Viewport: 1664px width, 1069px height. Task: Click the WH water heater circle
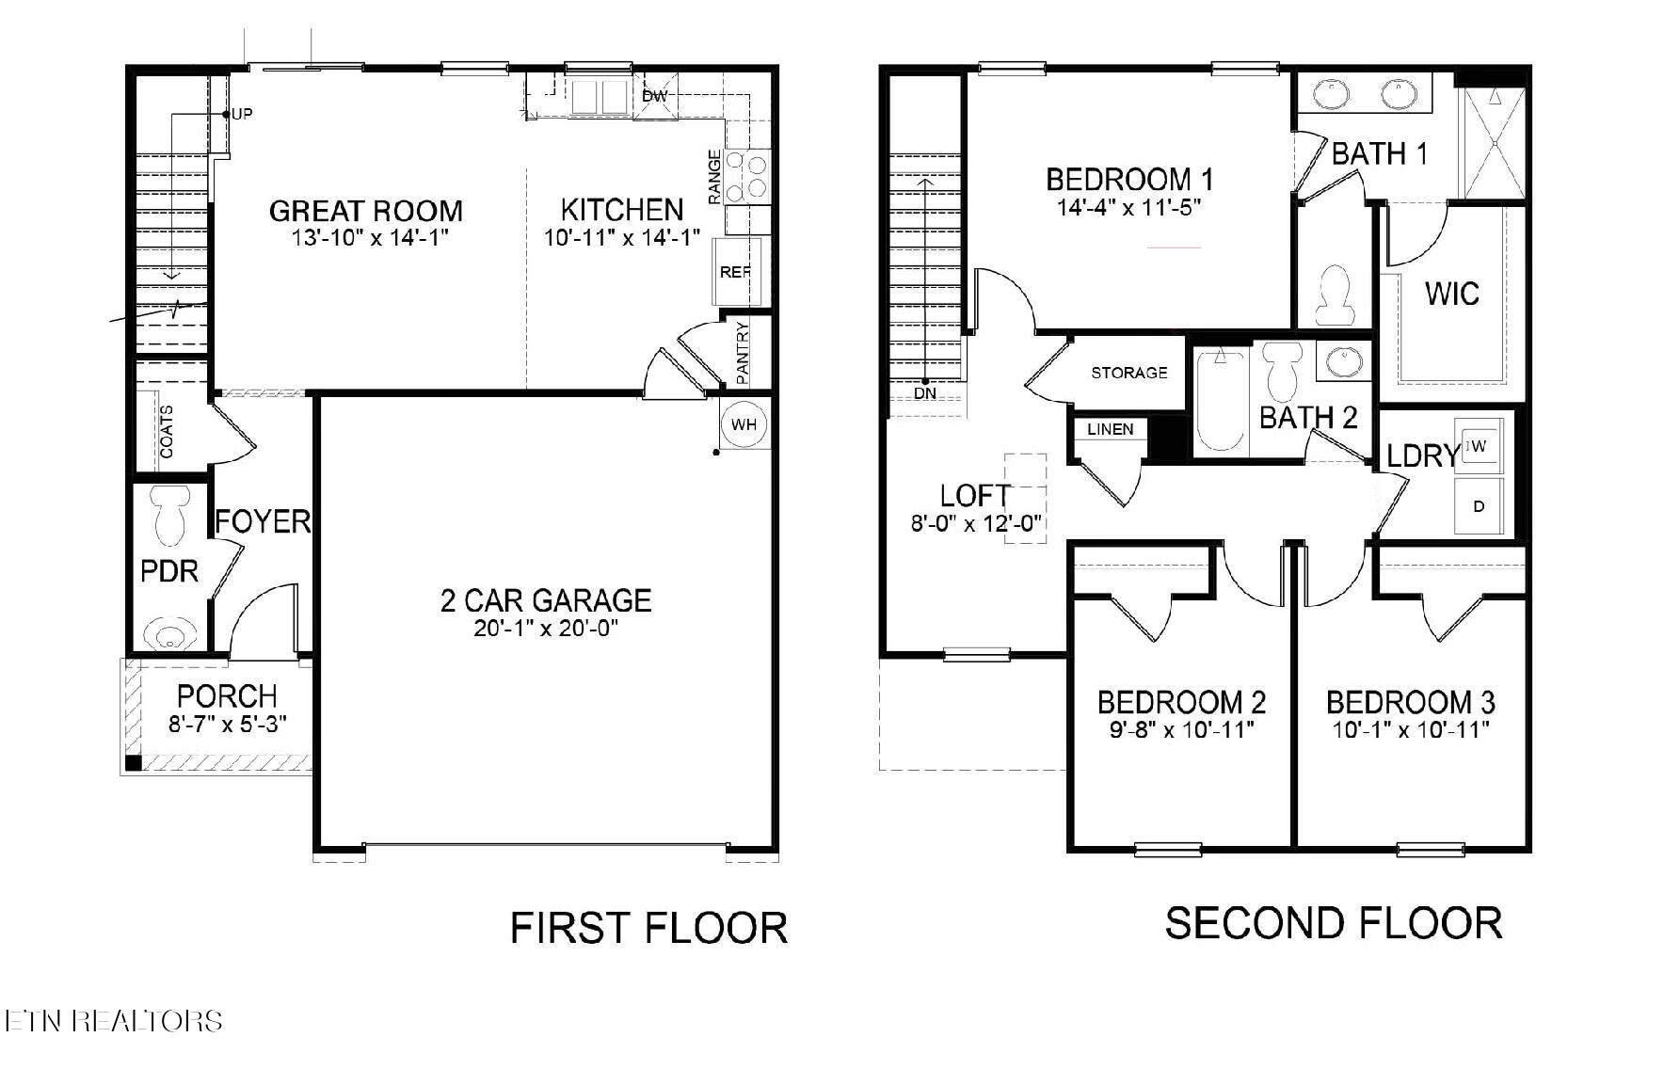(x=744, y=424)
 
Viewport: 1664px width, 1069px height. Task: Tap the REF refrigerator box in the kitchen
(x=735, y=272)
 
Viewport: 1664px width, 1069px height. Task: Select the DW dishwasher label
(x=654, y=96)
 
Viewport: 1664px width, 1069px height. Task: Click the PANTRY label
(x=743, y=353)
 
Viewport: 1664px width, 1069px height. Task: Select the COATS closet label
(x=167, y=431)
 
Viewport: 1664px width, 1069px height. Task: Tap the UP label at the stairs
(x=242, y=115)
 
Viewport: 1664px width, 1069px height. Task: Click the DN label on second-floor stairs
(x=925, y=392)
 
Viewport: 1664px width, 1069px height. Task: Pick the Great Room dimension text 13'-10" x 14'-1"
(x=366, y=237)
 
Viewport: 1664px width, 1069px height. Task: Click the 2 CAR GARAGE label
(x=546, y=600)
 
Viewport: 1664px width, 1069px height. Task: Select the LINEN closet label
(x=1111, y=429)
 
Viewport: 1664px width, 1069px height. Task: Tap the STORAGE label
(x=1129, y=373)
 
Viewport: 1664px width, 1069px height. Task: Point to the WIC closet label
(x=1451, y=294)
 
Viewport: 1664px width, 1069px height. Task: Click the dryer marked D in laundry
(x=1479, y=506)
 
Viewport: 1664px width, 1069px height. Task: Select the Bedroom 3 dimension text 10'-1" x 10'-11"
(x=1410, y=729)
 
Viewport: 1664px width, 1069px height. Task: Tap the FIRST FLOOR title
(x=648, y=928)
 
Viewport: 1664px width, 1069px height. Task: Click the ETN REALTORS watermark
(x=113, y=1021)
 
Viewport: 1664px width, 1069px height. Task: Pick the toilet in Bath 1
(x=1335, y=291)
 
